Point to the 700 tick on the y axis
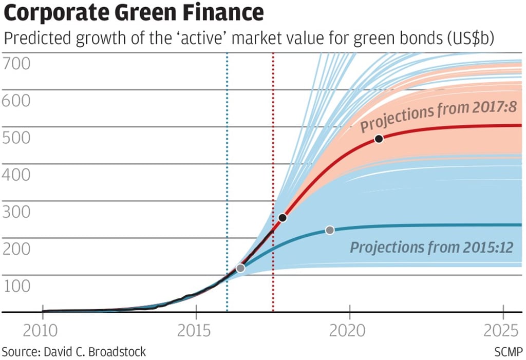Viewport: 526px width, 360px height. [16, 64]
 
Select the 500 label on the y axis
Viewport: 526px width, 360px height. [16, 138]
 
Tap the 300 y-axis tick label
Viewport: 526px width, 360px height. [16, 212]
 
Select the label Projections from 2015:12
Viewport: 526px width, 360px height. [431, 248]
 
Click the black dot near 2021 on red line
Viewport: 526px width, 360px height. [379, 139]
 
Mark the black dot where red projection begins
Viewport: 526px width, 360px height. [282, 218]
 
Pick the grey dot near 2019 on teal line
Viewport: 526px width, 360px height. [330, 230]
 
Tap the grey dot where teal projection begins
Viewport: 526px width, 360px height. [240, 268]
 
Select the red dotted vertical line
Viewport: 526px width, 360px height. [273, 154]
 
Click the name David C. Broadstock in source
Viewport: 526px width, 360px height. [96, 352]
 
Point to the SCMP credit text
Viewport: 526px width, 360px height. [509, 352]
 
